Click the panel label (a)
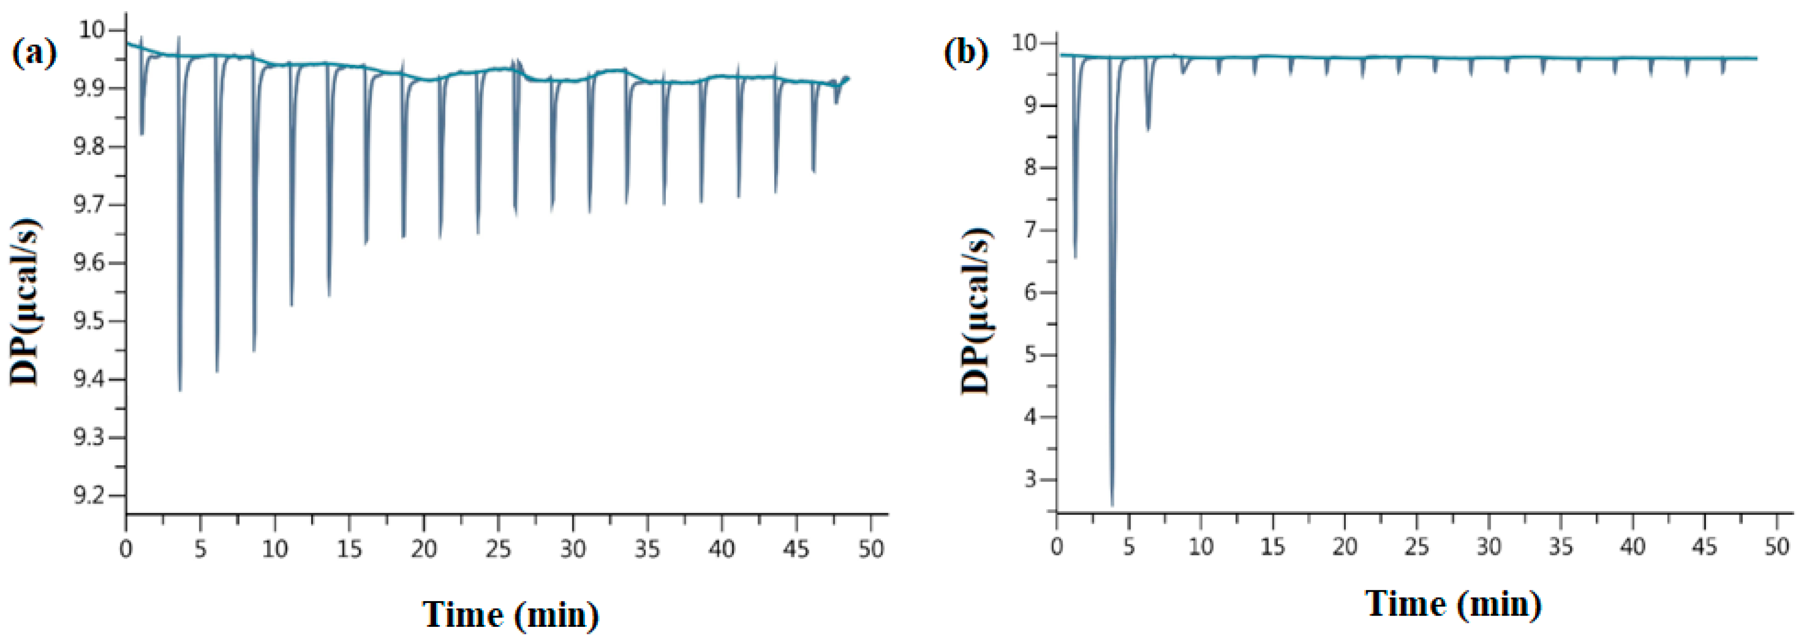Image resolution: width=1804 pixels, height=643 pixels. (x=34, y=53)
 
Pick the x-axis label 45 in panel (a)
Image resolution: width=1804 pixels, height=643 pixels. (x=795, y=549)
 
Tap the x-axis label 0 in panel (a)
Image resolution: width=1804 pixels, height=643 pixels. (x=126, y=549)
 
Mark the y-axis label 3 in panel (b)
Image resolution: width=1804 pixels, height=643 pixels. (x=1029, y=480)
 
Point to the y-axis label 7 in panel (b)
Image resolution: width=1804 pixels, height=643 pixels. (x=1029, y=230)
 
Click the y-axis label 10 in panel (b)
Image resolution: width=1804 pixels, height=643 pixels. (x=1024, y=43)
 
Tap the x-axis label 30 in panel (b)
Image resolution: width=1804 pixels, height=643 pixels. (x=1488, y=546)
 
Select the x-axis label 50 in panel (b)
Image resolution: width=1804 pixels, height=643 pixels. (x=1777, y=546)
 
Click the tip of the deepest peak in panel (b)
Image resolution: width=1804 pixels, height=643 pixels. (x=1112, y=504)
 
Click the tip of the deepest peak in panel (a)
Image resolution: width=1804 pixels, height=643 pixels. (x=180, y=390)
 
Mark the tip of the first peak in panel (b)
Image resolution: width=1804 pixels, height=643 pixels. (x=1076, y=257)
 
